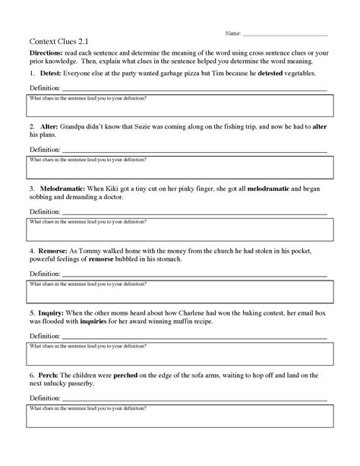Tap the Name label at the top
(232, 34)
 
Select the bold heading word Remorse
(55, 249)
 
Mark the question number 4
(32, 249)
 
